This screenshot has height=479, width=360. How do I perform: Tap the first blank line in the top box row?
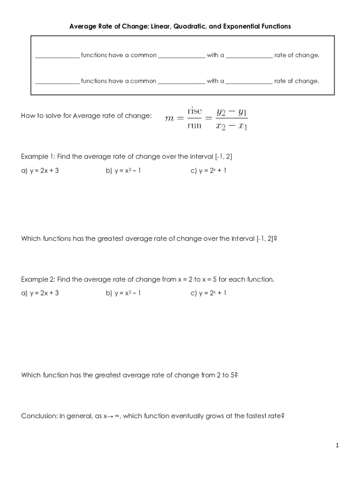pyautogui.click(x=57, y=56)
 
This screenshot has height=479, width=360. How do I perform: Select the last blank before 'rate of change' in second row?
pyautogui.click(x=249, y=81)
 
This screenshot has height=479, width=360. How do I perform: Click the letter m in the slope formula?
pyautogui.click(x=171, y=118)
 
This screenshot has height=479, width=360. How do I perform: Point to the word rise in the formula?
pyautogui.click(x=194, y=111)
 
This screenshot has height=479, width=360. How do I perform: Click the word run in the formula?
pyautogui.click(x=194, y=125)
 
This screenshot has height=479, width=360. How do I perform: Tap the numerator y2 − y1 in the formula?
pyautogui.click(x=232, y=112)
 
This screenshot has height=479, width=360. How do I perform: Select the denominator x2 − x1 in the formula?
pyautogui.click(x=232, y=126)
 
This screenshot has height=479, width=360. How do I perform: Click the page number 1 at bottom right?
pyautogui.click(x=337, y=446)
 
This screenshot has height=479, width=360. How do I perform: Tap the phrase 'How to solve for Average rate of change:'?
pyautogui.click(x=86, y=116)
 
